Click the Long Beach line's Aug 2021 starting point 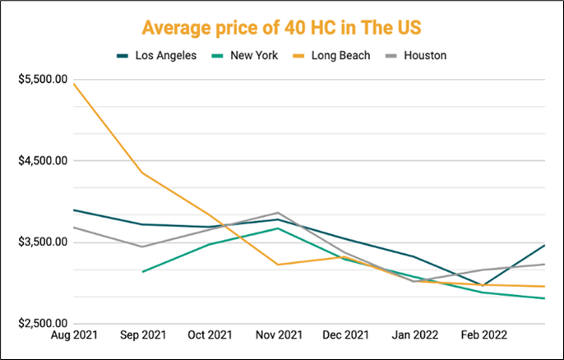[74, 84]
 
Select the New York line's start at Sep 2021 [143, 272]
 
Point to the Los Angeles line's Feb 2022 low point [483, 285]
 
